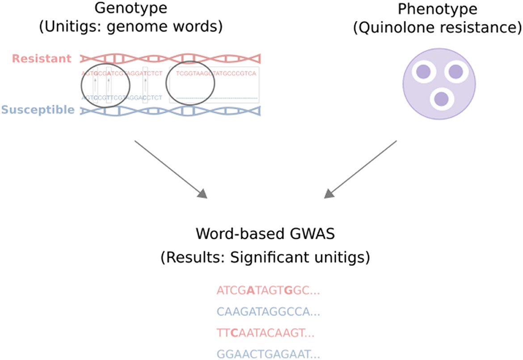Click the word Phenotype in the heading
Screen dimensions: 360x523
pyautogui.click(x=437, y=10)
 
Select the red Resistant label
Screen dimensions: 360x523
pyautogui.click(x=41, y=59)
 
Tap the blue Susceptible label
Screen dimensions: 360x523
pyautogui.click(x=38, y=110)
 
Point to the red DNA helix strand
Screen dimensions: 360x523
pyautogui.click(x=170, y=59)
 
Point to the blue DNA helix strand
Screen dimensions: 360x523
pyautogui.click(x=170, y=111)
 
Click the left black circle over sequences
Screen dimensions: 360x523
pyautogui.click(x=106, y=84)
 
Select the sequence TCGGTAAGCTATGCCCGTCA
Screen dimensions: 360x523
pyautogui.click(x=216, y=73)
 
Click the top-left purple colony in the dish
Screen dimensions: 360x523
pyautogui.click(x=423, y=71)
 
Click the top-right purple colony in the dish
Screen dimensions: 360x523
pyautogui.click(x=456, y=71)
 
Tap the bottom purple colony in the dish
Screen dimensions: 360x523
pyautogui.click(x=441, y=98)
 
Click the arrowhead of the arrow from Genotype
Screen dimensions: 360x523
pyautogui.click(x=202, y=193)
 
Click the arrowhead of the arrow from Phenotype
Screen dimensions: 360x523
pyautogui.click(x=329, y=193)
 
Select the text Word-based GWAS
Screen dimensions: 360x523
pyautogui.click(x=265, y=234)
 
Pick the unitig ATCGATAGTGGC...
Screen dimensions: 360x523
pyautogui.click(x=268, y=291)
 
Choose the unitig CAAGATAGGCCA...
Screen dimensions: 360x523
pyautogui.click(x=268, y=312)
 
